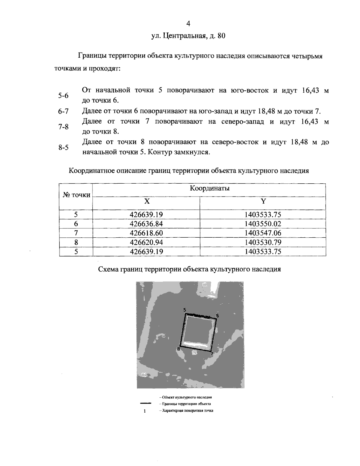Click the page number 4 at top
pos(188,24)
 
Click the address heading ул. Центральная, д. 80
pos(188,36)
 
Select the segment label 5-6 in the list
pos(63,96)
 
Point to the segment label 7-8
pos(63,127)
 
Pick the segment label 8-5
pos(63,147)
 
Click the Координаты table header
pos(210,189)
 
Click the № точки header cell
pos(76,195)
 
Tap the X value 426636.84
pos(146,224)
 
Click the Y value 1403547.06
pos(263,233)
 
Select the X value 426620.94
pos(146,242)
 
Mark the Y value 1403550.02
pos(263,224)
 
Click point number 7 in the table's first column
pos(76,233)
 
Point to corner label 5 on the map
pos(184,310)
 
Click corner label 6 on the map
pos(217,316)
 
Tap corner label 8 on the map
pos(178,349)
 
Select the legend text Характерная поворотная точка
pos(186,410)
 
